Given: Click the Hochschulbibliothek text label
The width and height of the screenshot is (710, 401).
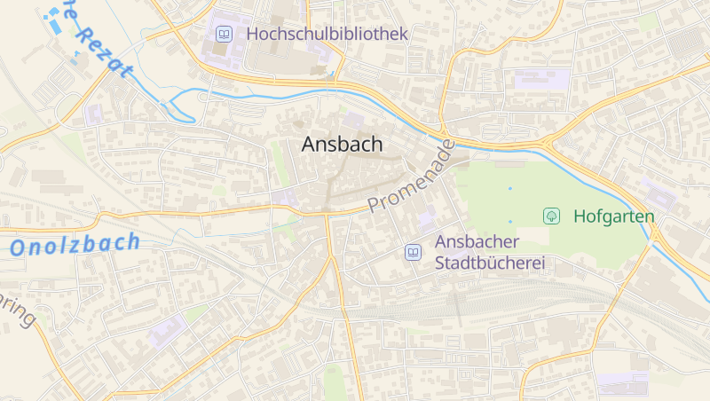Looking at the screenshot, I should [x=327, y=35].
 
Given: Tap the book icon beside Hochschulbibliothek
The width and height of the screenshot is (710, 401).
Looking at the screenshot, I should [x=224, y=35].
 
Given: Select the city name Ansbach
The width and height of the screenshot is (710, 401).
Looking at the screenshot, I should [x=342, y=145].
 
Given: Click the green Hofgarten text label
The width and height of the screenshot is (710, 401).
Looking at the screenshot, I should [x=613, y=216].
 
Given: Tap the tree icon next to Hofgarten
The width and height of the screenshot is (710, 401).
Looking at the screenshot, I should [x=551, y=216].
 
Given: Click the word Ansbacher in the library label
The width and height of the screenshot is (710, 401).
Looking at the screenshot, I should [x=477, y=241].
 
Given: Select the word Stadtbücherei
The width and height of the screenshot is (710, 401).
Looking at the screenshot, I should [x=489, y=263].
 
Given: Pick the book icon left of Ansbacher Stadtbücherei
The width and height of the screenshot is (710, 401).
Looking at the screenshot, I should [x=413, y=252].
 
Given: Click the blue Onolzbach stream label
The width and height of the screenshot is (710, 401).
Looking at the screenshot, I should [x=75, y=244].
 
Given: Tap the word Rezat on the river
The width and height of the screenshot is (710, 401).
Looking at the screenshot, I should [x=105, y=52].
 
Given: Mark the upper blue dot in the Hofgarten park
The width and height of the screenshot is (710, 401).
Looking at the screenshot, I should [x=509, y=188].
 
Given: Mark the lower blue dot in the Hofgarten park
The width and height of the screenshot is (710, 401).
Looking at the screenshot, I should [x=509, y=221].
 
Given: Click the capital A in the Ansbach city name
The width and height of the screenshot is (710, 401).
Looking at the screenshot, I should [x=309, y=145].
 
